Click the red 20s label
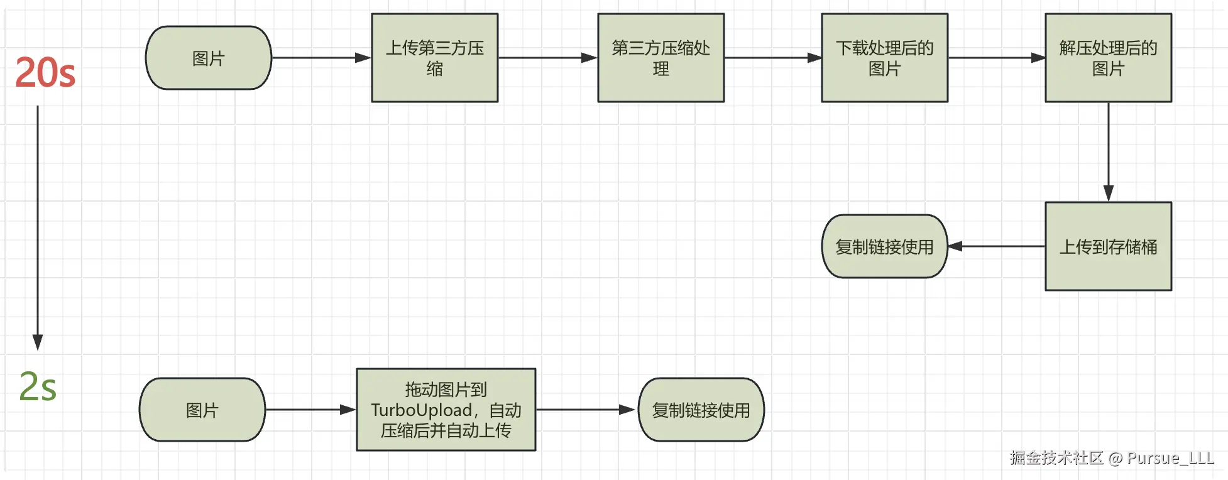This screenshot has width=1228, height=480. (x=45, y=72)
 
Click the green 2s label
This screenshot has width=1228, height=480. (x=38, y=386)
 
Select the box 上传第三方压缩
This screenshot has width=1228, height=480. (x=435, y=58)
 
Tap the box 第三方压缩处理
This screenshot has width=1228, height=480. (x=661, y=58)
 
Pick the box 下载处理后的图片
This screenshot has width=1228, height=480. (x=885, y=58)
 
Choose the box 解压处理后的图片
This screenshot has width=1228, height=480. (x=1109, y=58)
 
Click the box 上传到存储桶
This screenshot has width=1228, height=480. (x=1109, y=246)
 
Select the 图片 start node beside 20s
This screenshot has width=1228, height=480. (x=209, y=58)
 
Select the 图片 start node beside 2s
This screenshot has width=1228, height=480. (x=202, y=410)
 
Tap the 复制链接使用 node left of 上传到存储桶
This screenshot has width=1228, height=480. (x=885, y=246)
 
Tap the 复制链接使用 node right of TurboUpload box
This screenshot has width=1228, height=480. (x=701, y=410)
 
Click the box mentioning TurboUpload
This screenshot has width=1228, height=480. (x=446, y=410)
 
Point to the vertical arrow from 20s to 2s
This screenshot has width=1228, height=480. (x=38, y=227)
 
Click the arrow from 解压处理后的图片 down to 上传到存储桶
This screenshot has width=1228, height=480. (x=1109, y=152)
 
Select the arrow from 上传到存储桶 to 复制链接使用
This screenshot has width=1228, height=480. (x=997, y=246)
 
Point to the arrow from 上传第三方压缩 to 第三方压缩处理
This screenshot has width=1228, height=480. (x=548, y=58)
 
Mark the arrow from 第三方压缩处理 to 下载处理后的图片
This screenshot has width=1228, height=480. (x=773, y=58)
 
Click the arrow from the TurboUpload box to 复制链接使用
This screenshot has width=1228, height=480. (x=586, y=410)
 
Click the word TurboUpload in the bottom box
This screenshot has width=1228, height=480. (x=422, y=410)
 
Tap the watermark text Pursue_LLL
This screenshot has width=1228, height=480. (x=1170, y=458)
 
